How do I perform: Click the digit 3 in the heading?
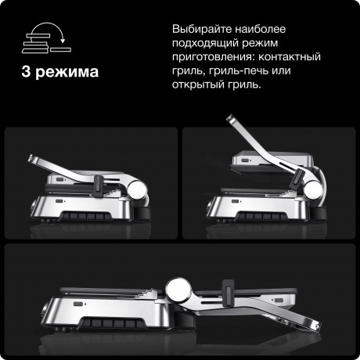(28, 74)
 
